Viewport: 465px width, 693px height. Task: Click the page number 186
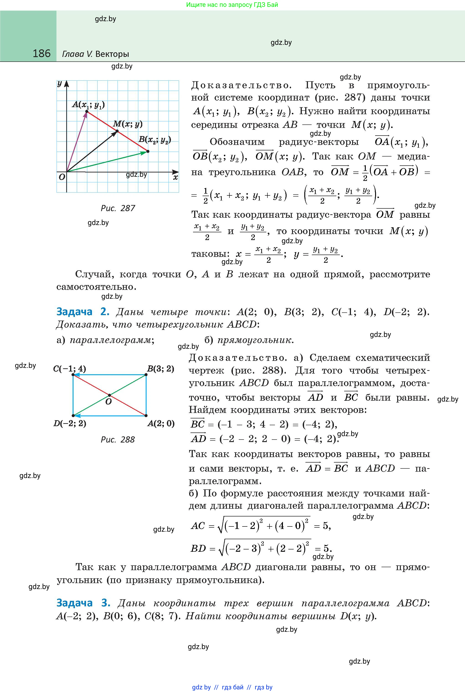pos(41,54)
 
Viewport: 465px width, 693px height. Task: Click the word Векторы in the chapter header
pos(112,54)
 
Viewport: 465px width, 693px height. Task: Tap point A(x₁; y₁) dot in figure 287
pos(86,111)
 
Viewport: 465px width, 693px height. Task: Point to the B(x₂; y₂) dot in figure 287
pos(148,151)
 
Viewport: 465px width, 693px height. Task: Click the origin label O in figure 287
pos(62,177)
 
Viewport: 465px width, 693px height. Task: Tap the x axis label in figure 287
pos(175,177)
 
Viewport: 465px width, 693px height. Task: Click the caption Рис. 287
pos(118,208)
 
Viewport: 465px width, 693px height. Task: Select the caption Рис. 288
pos(118,440)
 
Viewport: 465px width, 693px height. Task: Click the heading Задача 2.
pos(83,312)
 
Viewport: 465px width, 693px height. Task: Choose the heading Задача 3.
pos(83,603)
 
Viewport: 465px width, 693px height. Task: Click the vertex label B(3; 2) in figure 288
pos(161,369)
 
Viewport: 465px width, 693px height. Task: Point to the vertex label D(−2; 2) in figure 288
pos(70,423)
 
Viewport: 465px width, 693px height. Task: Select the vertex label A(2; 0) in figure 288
pos(161,423)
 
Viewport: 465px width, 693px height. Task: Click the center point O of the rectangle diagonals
pos(109,395)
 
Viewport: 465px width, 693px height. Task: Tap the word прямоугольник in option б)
pos(254,340)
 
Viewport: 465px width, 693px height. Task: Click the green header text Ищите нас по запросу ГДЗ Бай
pos(232,5)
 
